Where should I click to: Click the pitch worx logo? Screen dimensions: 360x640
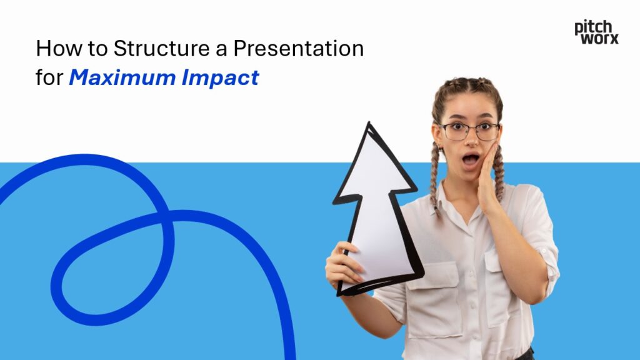[x=596, y=32]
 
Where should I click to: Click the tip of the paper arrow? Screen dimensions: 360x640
[x=369, y=125]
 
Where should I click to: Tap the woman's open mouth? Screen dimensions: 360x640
[x=469, y=159]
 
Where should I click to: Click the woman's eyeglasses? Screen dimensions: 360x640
[x=469, y=131]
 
